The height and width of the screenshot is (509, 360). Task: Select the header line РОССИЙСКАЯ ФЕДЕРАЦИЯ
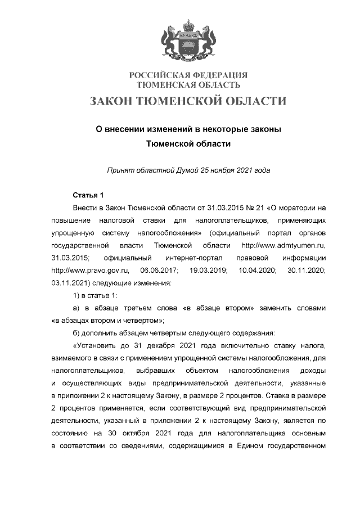pyautogui.click(x=188, y=75)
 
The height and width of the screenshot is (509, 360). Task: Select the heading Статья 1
pyautogui.click(x=88, y=196)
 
